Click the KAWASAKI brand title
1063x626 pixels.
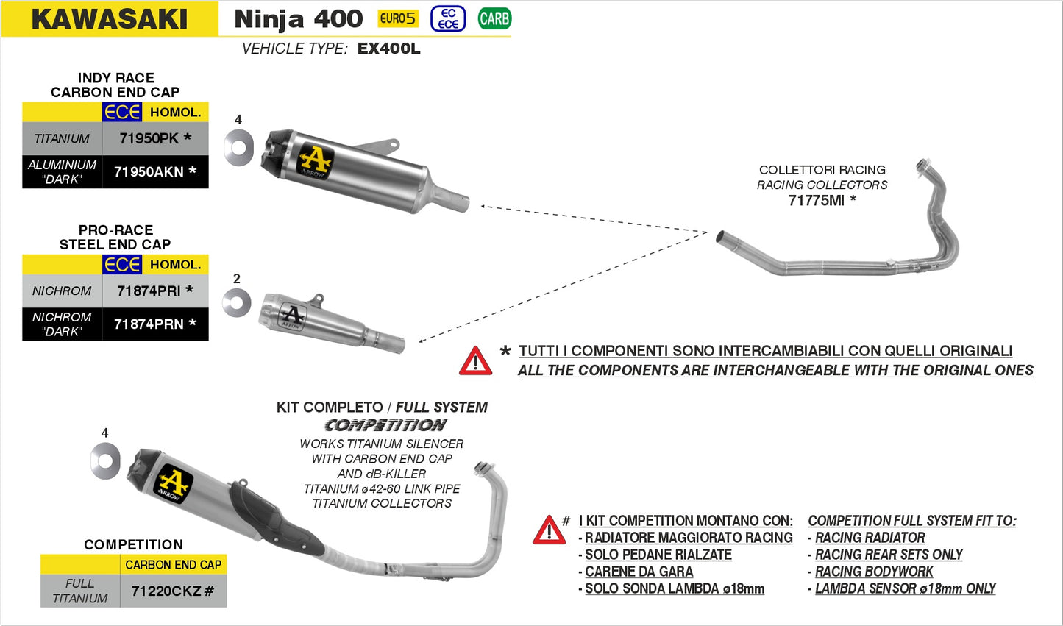point(110,19)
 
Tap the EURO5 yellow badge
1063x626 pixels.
point(398,18)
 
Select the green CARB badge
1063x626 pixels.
point(494,18)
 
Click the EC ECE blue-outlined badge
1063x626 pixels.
point(448,18)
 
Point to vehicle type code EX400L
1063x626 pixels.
point(388,49)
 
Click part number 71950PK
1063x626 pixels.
point(149,138)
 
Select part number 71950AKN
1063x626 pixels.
point(149,171)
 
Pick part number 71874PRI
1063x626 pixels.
point(149,291)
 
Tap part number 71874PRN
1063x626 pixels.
point(149,324)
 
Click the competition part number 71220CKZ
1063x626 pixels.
point(166,591)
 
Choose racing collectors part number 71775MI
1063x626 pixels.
point(816,200)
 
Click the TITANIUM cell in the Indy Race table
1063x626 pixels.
point(62,138)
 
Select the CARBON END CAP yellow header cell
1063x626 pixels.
point(173,564)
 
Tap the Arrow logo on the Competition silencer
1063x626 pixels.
point(173,483)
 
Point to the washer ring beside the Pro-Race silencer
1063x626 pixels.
point(237,302)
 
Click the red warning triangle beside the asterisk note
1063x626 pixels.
point(475,361)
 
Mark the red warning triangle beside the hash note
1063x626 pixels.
point(549,530)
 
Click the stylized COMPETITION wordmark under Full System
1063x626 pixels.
point(385,425)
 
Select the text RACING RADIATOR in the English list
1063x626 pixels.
point(870,538)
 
